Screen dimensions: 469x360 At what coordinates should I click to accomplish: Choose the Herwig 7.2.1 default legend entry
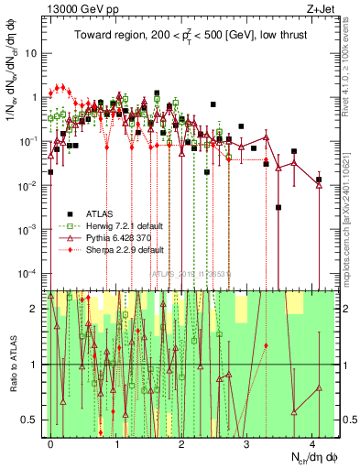pyautogui.click(x=119, y=225)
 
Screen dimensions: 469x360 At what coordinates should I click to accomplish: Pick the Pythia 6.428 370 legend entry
pyautogui.click(x=118, y=237)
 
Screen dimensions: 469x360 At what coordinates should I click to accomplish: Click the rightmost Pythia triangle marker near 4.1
pyautogui.click(x=318, y=181)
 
